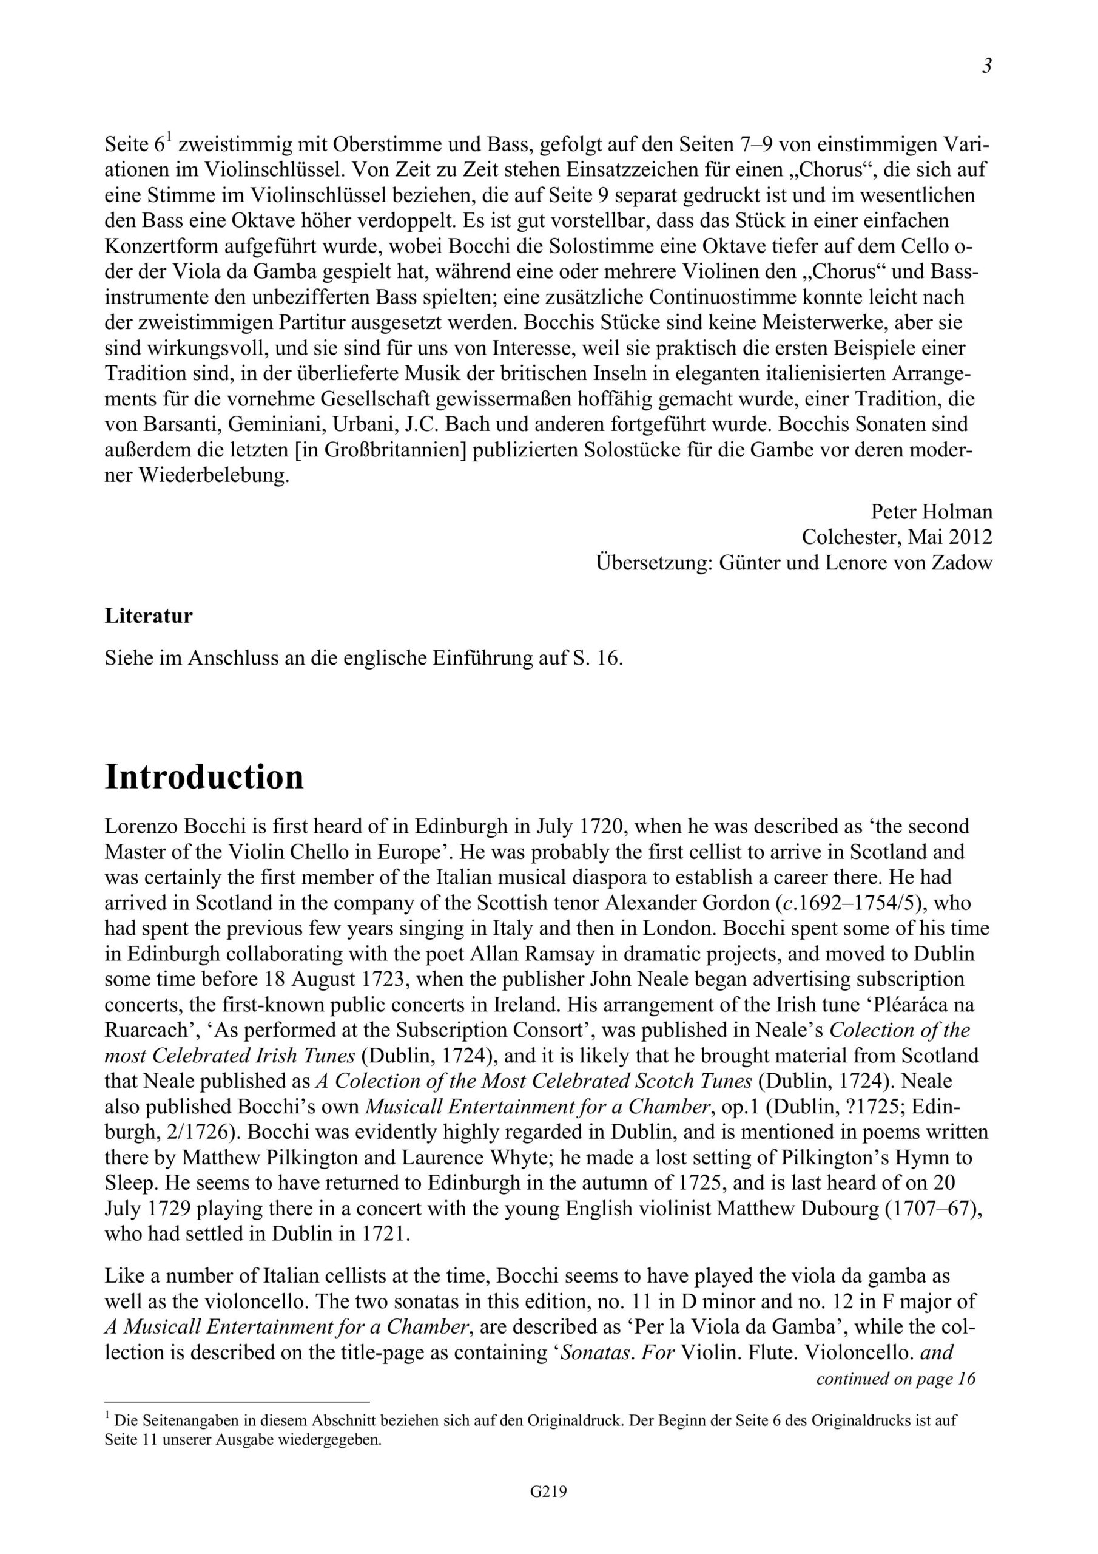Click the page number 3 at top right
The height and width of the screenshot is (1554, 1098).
coord(987,66)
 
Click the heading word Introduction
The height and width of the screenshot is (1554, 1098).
coord(204,777)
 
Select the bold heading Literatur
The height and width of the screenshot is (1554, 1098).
coord(149,616)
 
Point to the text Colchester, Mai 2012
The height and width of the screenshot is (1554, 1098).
coord(897,537)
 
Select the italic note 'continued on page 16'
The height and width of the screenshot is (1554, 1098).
coord(896,1379)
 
